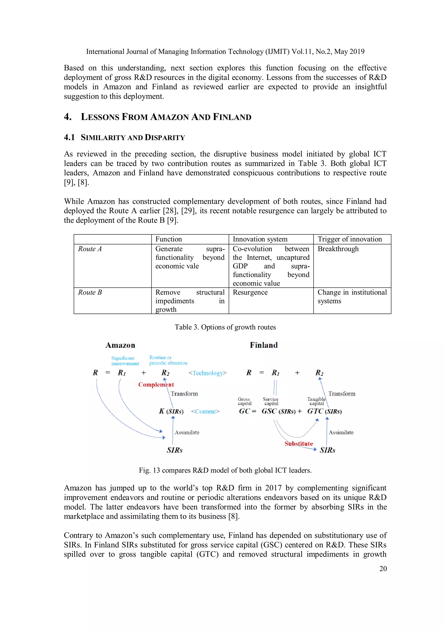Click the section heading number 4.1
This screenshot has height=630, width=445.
69,137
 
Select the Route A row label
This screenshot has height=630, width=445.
90,249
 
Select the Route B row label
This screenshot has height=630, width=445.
90,292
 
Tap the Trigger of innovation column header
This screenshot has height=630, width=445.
350,239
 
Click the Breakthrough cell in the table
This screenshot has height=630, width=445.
338,249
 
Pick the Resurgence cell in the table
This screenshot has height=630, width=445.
250,292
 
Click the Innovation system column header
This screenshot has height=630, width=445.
260,239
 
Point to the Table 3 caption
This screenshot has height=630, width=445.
225,327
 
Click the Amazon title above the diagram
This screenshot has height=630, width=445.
120,345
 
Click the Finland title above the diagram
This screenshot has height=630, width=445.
264,345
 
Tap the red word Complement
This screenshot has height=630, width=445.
156,384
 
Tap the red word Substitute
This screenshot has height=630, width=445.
299,444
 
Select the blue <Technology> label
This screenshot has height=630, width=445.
208,373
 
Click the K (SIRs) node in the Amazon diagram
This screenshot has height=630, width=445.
171,411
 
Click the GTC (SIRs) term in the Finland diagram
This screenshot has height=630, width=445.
324,411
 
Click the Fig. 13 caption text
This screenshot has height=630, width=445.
225,470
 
